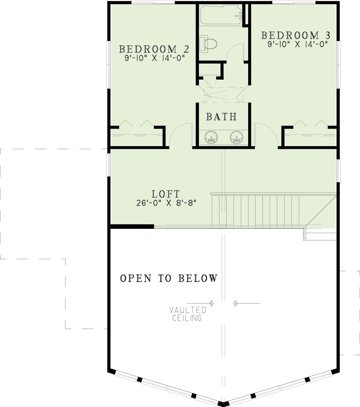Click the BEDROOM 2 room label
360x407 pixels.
coord(154,49)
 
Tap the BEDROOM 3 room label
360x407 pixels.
coord(295,35)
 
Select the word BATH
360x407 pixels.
coord(221,117)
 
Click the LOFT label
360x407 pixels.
coord(165,194)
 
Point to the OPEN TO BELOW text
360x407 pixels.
coord(169,278)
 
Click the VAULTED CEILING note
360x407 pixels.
coord(188,314)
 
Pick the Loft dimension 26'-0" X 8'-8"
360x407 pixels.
coord(166,203)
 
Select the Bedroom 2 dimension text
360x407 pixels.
coord(155,58)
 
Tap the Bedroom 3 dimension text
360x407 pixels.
coord(298,44)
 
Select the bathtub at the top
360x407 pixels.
coord(221,15)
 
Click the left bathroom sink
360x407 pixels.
coord(211,138)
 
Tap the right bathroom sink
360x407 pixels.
coord(237,138)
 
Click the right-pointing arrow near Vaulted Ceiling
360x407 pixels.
coord(200,303)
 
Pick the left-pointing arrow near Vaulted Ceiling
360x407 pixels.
coord(247,303)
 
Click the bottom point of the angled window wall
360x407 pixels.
coord(223,405)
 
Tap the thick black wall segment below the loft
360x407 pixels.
coord(132,226)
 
